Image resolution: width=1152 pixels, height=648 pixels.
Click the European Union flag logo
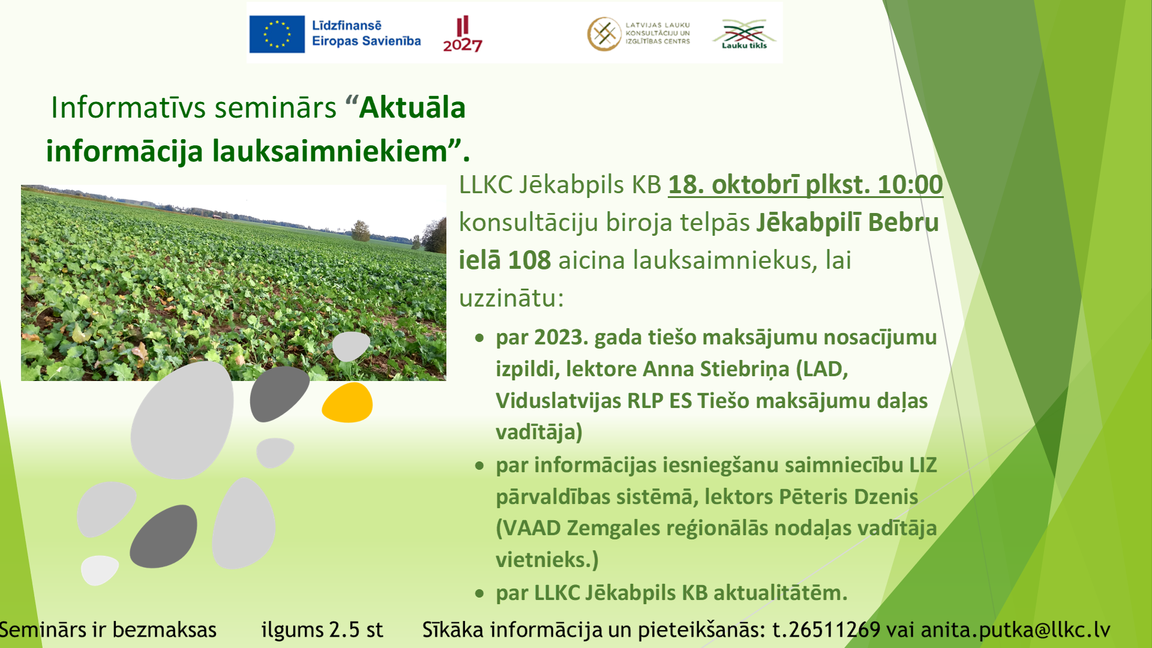point(277,34)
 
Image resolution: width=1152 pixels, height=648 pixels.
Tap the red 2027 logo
point(463,34)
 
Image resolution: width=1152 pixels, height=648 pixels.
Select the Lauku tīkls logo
point(744,34)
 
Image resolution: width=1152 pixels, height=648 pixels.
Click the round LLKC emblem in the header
point(604,34)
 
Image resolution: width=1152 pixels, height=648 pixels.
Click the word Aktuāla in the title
point(412,108)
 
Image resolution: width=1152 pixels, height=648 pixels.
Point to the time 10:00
point(910,184)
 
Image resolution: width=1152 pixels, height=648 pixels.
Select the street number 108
point(529,260)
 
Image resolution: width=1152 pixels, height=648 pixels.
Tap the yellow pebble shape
point(347,403)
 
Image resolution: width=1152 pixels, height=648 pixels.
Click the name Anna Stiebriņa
point(716,369)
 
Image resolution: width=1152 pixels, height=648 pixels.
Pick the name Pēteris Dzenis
point(848,497)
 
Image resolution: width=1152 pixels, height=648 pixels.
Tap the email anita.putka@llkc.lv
point(1015,630)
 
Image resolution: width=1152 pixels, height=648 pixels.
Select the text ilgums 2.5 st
point(322,630)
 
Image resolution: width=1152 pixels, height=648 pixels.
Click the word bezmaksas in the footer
point(164,630)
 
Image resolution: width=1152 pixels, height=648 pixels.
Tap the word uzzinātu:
point(512,298)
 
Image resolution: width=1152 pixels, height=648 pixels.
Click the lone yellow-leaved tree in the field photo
point(360,230)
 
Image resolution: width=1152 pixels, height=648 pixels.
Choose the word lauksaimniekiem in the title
point(331,151)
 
